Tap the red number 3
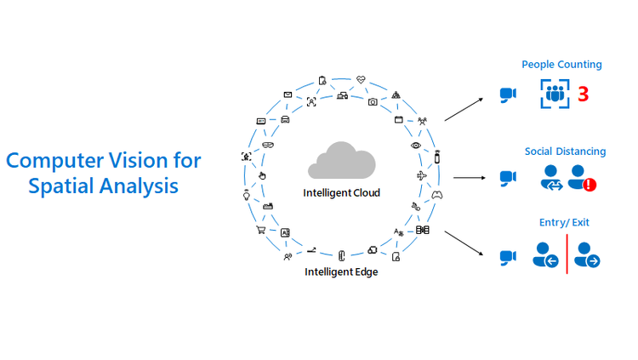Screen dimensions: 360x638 (x=583, y=94)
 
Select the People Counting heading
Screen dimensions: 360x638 (x=561, y=65)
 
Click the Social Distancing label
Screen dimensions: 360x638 (x=565, y=151)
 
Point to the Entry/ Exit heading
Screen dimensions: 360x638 (x=563, y=223)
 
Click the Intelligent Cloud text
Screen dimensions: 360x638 (x=341, y=193)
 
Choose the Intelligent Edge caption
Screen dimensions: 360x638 (x=341, y=272)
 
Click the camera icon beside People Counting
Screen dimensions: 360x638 (x=508, y=94)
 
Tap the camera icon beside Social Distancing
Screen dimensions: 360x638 (x=508, y=178)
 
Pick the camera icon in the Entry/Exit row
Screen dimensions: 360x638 (x=508, y=255)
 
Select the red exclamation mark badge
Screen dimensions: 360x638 (x=589, y=185)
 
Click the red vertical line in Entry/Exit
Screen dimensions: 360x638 (x=567, y=253)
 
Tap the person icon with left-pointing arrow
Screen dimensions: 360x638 (x=545, y=254)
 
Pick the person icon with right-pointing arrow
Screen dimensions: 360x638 (x=587, y=254)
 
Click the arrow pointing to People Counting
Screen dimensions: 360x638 (x=462, y=110)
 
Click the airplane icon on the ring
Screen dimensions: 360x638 (x=422, y=175)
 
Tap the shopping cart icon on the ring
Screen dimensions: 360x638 (x=261, y=230)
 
